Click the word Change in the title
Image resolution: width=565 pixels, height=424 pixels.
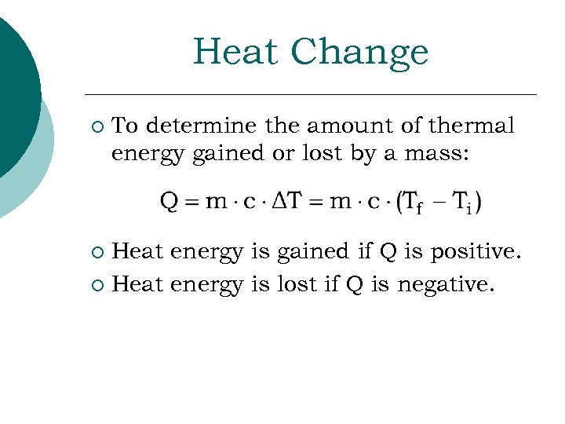tap(360, 53)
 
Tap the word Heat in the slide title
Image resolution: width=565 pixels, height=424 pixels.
tap(236, 52)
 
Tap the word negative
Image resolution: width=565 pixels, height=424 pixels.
tap(446, 284)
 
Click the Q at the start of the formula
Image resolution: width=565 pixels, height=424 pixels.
tap(169, 203)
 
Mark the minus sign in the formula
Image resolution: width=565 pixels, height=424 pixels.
tap(438, 203)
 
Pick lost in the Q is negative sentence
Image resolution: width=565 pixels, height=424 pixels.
tap(295, 284)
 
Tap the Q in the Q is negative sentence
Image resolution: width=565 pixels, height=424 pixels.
tap(354, 284)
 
